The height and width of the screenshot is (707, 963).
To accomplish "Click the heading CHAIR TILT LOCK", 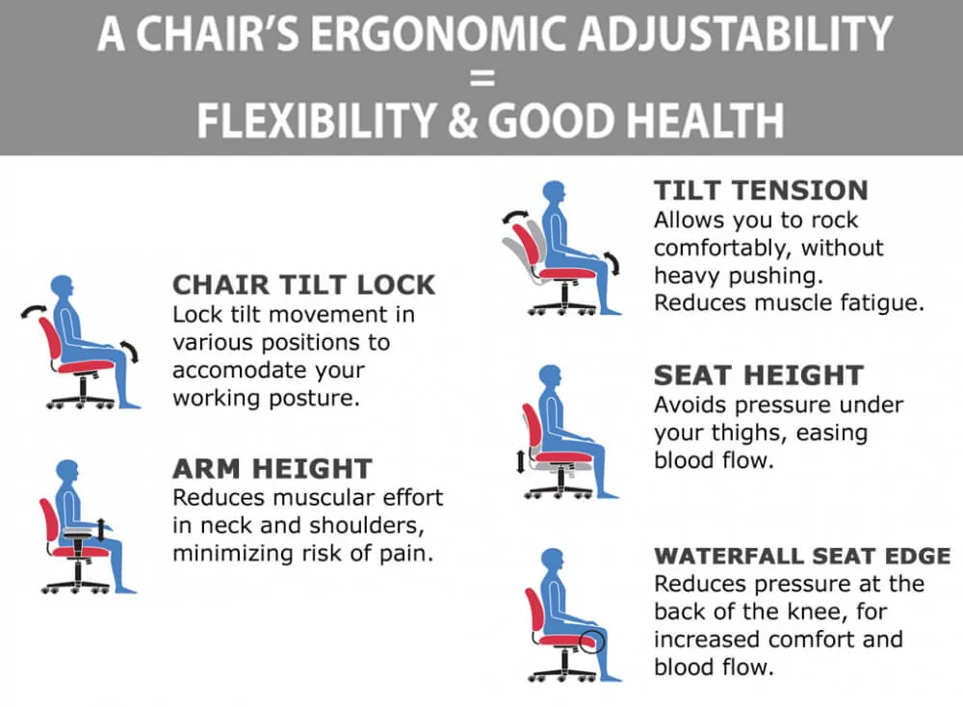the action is click(x=303, y=285).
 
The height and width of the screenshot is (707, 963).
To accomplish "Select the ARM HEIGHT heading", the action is click(x=273, y=469).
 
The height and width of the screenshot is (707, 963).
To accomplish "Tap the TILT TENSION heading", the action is click(x=761, y=191).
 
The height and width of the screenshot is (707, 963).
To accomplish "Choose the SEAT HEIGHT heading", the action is click(x=759, y=376).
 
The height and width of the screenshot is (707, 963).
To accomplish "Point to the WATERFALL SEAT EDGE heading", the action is click(x=803, y=556).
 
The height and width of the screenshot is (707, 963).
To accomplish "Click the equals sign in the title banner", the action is click(x=482, y=78).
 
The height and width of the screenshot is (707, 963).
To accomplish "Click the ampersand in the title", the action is click(x=462, y=121).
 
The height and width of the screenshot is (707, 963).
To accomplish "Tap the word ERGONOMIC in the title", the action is click(x=436, y=34).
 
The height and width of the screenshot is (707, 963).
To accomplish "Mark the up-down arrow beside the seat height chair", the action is click(x=521, y=460).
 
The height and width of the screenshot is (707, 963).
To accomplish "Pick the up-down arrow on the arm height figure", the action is click(x=101, y=530).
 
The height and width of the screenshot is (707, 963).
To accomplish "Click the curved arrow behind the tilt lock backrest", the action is click(x=33, y=309).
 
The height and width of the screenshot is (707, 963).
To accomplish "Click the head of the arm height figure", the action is click(x=67, y=472).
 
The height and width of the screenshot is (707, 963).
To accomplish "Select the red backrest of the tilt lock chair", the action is click(x=48, y=342).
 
